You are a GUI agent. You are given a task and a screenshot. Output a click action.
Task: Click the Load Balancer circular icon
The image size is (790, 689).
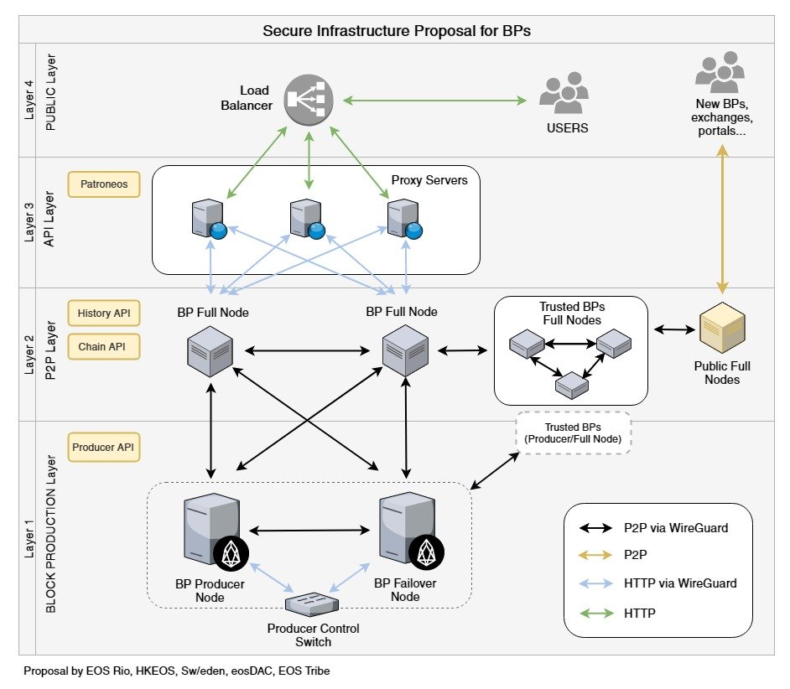(x=309, y=100)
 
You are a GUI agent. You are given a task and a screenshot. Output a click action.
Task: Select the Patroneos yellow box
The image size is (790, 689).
(x=104, y=184)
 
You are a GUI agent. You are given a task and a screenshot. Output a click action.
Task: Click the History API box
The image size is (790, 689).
(x=104, y=313)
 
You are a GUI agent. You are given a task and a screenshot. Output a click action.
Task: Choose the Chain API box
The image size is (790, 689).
(x=104, y=347)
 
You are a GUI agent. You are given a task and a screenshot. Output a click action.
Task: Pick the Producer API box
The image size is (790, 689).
(x=104, y=448)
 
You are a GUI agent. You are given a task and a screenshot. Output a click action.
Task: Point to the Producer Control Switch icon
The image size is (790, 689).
(x=311, y=603)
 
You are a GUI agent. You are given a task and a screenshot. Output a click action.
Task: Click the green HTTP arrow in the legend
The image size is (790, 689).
(x=599, y=614)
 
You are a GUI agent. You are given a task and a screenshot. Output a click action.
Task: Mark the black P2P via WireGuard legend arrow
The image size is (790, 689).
(x=599, y=528)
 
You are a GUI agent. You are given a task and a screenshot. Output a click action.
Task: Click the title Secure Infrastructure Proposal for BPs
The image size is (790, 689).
(x=397, y=31)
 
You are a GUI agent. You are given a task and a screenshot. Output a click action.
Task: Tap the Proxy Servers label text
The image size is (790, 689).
(x=429, y=180)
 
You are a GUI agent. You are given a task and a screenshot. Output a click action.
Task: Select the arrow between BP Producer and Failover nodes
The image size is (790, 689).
(x=309, y=530)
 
